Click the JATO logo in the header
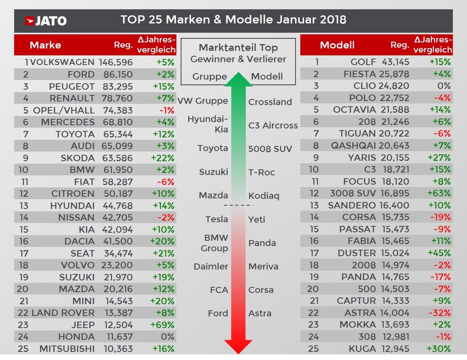coord(46,21)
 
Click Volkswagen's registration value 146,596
coord(116,62)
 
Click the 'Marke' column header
coord(45,45)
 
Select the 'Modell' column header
coord(337,45)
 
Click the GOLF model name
coord(363,62)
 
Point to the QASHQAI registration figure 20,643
coord(394,146)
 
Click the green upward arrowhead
coord(239,79)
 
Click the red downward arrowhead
coord(238,347)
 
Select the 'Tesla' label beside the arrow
coord(217,219)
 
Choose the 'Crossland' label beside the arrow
coord(270,102)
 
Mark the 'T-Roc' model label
coord(262,172)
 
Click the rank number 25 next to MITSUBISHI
coord(23,348)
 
